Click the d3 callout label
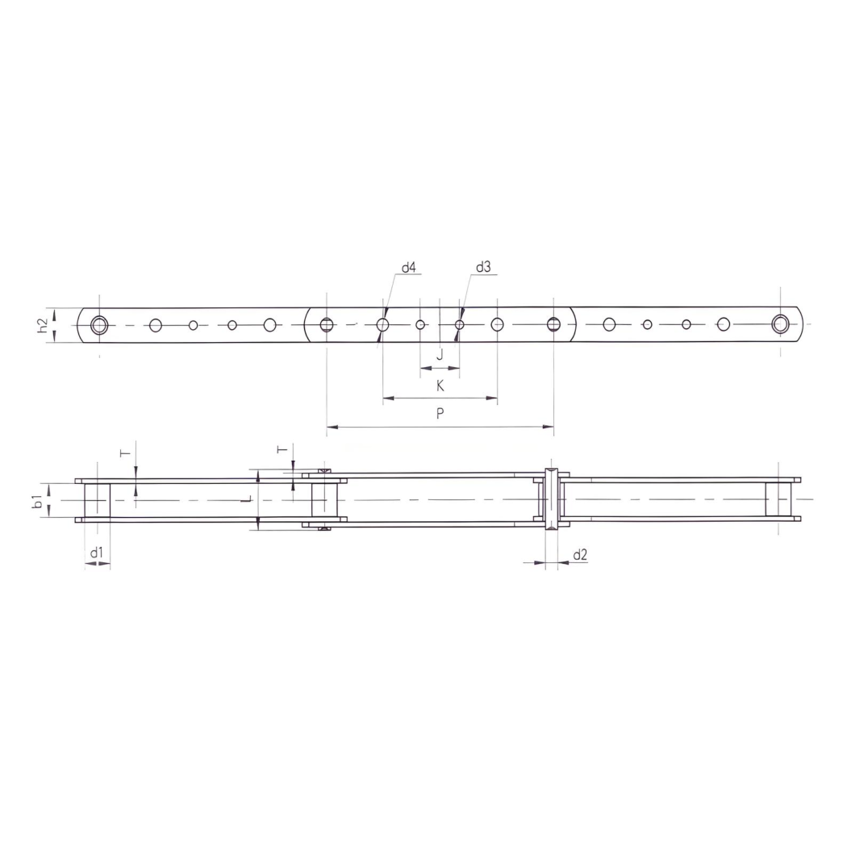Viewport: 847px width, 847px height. pyautogui.click(x=483, y=268)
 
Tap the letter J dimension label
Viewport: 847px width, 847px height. pyautogui.click(x=440, y=355)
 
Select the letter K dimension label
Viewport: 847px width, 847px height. pyautogui.click(x=440, y=386)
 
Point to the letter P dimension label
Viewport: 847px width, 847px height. pyautogui.click(x=440, y=413)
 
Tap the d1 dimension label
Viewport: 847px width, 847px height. pyautogui.click(x=97, y=553)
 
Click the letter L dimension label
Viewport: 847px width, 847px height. pyautogui.click(x=248, y=500)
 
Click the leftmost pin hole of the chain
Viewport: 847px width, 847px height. pyautogui.click(x=99, y=325)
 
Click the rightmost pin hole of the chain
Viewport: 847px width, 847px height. pyautogui.click(x=780, y=325)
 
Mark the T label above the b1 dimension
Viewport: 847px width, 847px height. pyautogui.click(x=125, y=454)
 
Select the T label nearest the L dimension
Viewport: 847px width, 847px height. pyautogui.click(x=282, y=449)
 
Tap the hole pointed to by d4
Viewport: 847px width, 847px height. pyautogui.click(x=382, y=325)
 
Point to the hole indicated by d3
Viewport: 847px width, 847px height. pyautogui.click(x=458, y=325)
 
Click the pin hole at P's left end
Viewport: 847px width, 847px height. pyautogui.click(x=326, y=325)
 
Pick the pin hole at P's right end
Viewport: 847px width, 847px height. pyautogui.click(x=553, y=325)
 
